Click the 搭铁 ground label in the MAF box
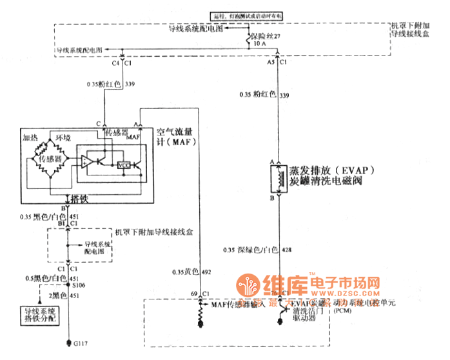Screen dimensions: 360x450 coord(79,200)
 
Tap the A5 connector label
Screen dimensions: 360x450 coord(271,63)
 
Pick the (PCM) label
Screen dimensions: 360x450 coord(342,310)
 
